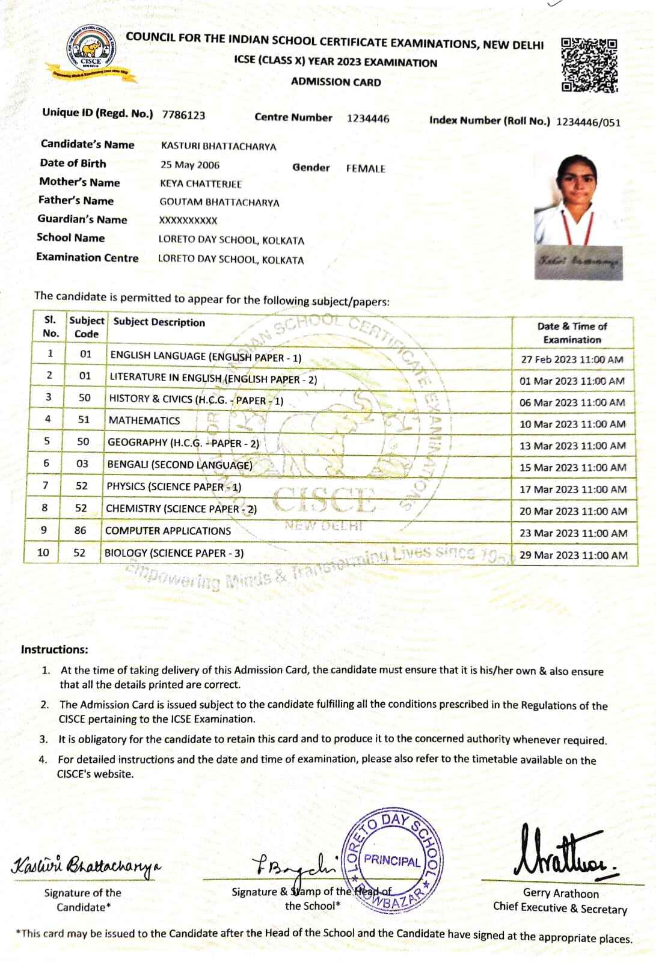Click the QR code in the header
pyautogui.click(x=589, y=66)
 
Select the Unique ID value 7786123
pyautogui.click(x=183, y=115)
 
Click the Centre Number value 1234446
pyautogui.click(x=368, y=118)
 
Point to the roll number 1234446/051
pyautogui.click(x=588, y=123)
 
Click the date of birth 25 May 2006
pyautogui.click(x=190, y=165)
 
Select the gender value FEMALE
pyautogui.click(x=366, y=169)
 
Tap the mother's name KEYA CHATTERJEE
pyautogui.click(x=201, y=184)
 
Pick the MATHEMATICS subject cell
pyautogui.click(x=144, y=420)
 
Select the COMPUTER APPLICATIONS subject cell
pyautogui.click(x=168, y=531)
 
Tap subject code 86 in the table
pyautogui.click(x=81, y=530)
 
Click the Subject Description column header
pyautogui.click(x=159, y=322)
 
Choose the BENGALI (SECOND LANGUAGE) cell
pyautogui.click(x=180, y=465)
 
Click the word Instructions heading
pyautogui.click(x=54, y=649)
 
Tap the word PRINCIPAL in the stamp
pyautogui.click(x=392, y=860)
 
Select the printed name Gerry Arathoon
pyautogui.click(x=560, y=893)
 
